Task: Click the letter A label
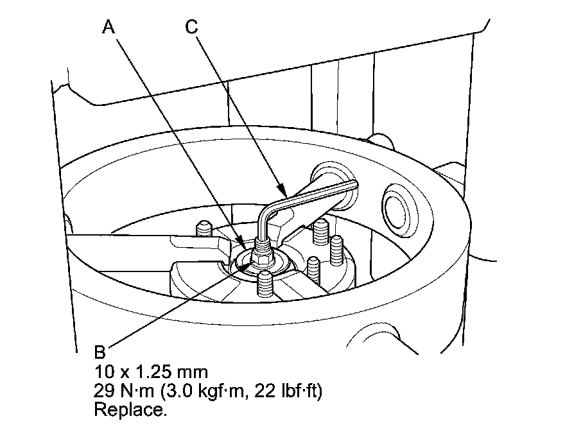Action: tap(110, 27)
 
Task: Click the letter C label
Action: tap(191, 27)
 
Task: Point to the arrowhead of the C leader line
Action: tap(284, 193)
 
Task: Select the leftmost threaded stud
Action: tap(203, 228)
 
